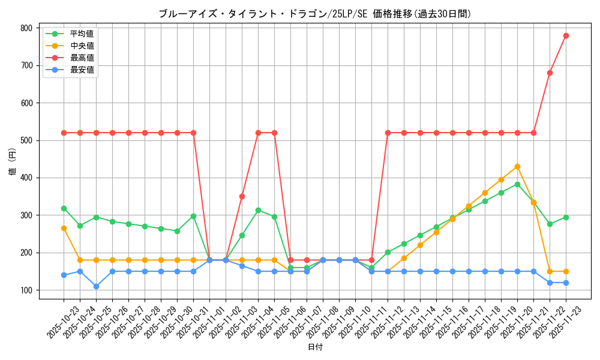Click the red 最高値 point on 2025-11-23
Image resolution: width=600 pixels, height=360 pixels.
pyautogui.click(x=566, y=35)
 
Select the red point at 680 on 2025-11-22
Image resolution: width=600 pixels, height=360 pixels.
pyautogui.click(x=550, y=73)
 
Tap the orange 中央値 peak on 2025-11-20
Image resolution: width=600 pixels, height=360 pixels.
pyautogui.click(x=517, y=166)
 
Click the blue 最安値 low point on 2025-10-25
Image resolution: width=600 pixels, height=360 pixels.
pyautogui.click(x=96, y=286)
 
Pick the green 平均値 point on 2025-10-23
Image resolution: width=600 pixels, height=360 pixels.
pyautogui.click(x=64, y=208)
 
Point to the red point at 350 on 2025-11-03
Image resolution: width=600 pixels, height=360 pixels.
pyautogui.click(x=242, y=196)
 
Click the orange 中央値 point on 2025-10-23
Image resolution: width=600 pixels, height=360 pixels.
pyautogui.click(x=64, y=228)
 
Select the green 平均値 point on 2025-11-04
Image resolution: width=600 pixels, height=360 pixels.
pyautogui.click(x=258, y=210)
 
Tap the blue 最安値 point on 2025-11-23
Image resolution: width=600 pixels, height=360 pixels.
pyautogui.click(x=566, y=283)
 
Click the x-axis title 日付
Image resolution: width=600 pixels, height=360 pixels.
pyautogui.click(x=315, y=347)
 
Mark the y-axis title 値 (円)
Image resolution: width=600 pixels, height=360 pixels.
pyautogui.click(x=13, y=163)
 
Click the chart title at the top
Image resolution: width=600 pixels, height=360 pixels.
pyautogui.click(x=315, y=14)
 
